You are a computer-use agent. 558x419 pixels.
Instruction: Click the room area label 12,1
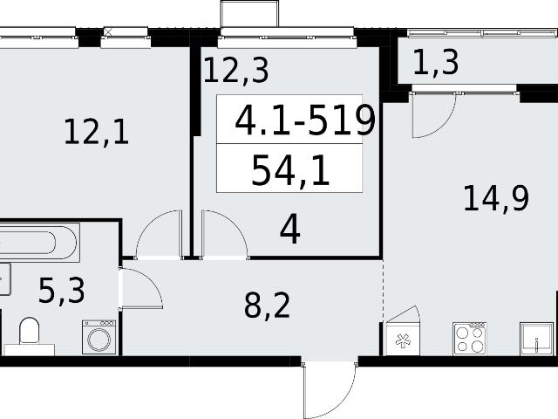(96, 132)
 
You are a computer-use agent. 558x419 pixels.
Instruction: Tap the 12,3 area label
(235, 71)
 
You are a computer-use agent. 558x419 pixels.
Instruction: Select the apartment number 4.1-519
(305, 120)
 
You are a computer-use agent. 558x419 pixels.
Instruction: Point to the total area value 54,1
(290, 171)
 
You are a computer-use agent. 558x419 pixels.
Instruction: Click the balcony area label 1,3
(436, 62)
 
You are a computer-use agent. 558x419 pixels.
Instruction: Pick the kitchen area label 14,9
(496, 198)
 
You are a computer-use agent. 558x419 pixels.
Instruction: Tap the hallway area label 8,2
(267, 306)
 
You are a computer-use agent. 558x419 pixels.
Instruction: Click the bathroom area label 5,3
(62, 291)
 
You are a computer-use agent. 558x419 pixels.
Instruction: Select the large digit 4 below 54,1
(290, 230)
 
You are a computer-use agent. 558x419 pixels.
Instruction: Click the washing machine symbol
(99, 337)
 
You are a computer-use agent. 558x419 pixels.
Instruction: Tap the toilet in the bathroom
(29, 331)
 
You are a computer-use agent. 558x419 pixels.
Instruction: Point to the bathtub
(38, 243)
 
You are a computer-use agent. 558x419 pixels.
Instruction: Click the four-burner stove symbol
(470, 339)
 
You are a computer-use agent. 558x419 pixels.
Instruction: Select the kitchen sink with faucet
(537, 339)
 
